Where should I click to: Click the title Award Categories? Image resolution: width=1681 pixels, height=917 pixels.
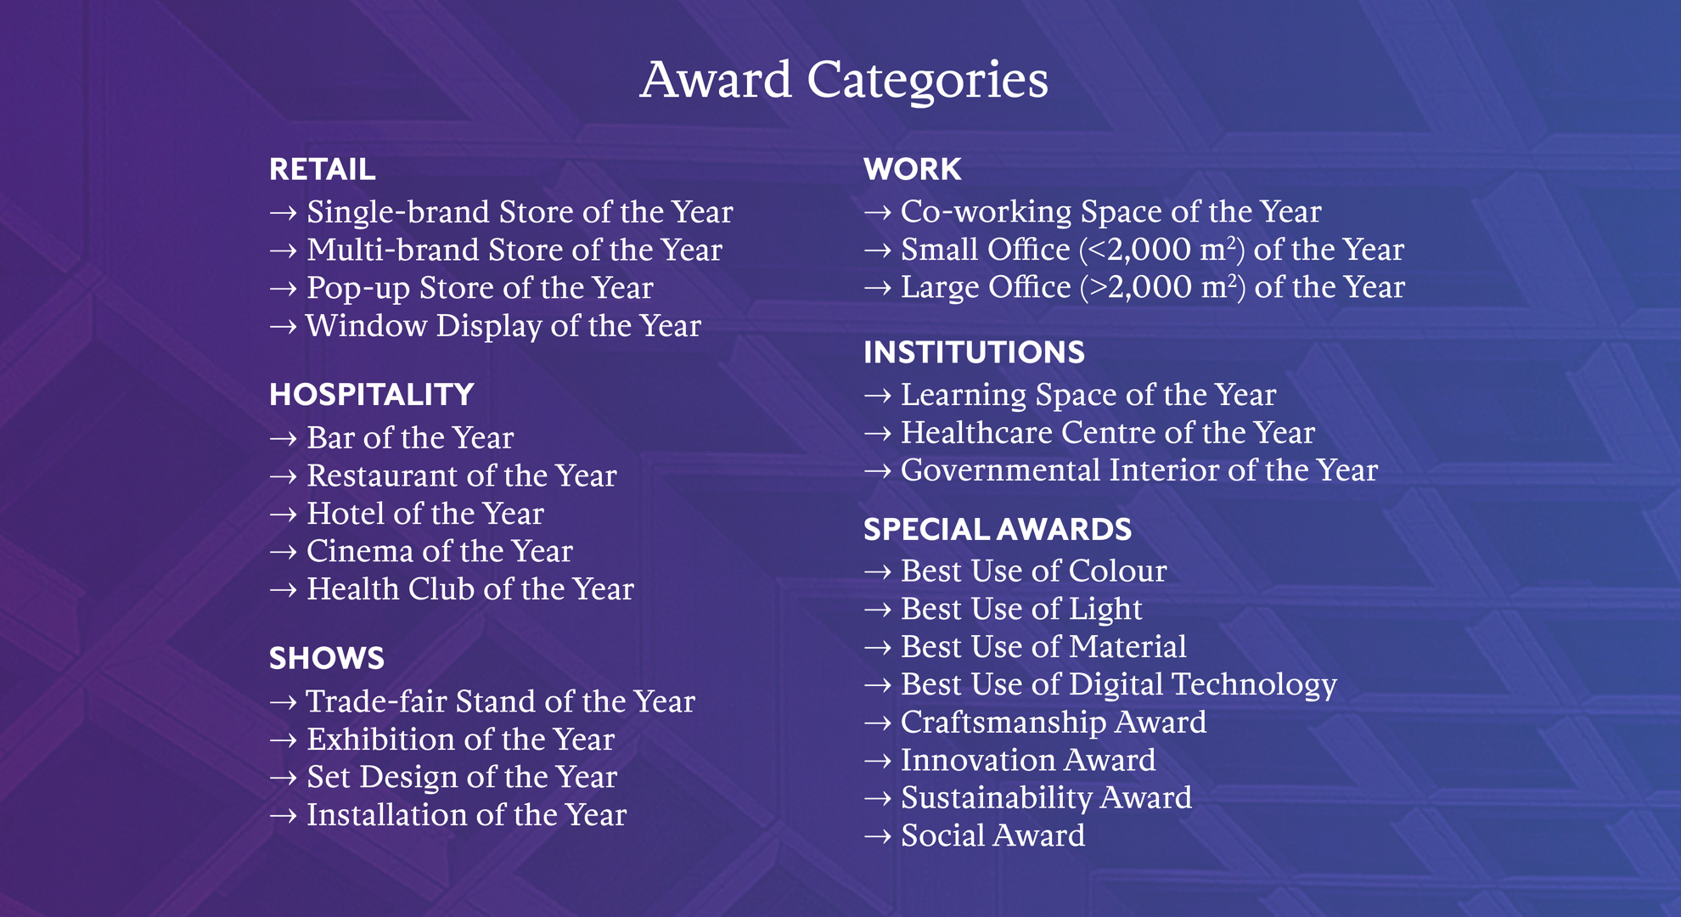click(x=843, y=80)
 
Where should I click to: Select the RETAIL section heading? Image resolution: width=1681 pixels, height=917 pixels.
click(x=322, y=169)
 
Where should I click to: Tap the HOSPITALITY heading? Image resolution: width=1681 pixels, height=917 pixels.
click(x=371, y=395)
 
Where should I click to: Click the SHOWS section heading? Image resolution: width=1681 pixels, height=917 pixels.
click(x=326, y=659)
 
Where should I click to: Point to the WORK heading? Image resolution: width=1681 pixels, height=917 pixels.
click(x=912, y=169)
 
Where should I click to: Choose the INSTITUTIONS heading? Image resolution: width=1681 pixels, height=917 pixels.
click(x=974, y=352)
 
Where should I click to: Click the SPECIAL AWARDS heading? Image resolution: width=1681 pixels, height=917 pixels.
click(x=997, y=530)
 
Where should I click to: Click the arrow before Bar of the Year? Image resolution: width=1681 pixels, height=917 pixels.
click(x=283, y=439)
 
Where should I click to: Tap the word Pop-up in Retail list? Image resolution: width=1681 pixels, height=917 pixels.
click(x=357, y=289)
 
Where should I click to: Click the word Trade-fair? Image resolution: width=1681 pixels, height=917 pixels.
click(x=376, y=702)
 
